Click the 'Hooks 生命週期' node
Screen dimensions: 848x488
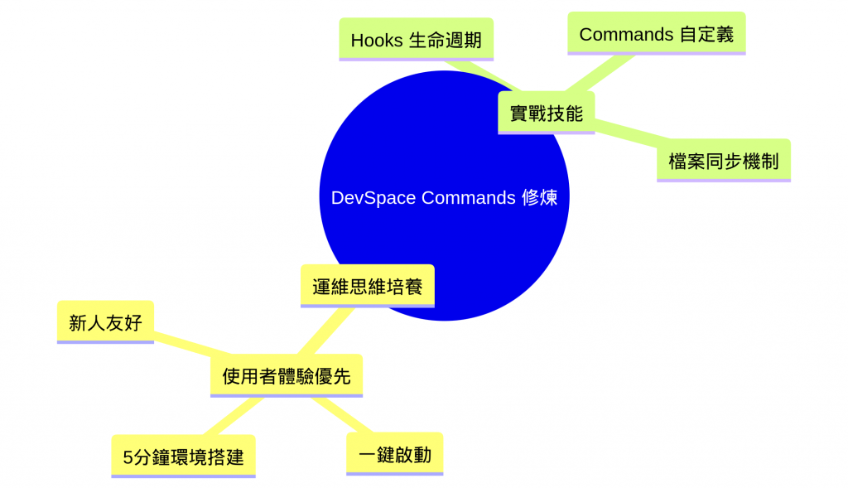click(x=416, y=40)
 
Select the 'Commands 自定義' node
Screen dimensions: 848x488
click(x=656, y=34)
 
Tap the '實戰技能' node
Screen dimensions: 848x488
click(x=546, y=114)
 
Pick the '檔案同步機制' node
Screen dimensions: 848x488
click(x=723, y=161)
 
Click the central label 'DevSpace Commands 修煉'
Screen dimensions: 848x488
click(x=444, y=198)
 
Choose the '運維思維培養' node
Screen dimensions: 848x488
click(x=367, y=287)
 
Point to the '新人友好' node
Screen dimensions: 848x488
click(x=105, y=322)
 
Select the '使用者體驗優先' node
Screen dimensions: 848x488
click(x=287, y=376)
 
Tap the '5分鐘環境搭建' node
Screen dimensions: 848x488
click(x=183, y=457)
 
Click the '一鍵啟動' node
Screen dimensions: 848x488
click(x=394, y=455)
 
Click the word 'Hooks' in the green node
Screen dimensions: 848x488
click(x=377, y=40)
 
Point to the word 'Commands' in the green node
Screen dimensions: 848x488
click(x=626, y=34)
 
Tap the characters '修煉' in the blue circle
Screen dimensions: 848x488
click(x=539, y=198)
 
